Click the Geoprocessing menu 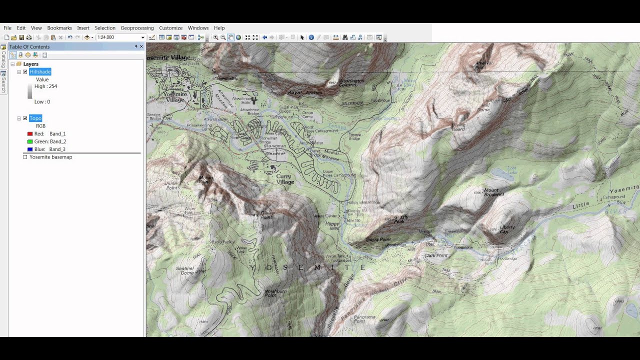point(137,28)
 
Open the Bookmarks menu point(59,28)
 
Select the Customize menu point(170,28)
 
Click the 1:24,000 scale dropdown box point(120,37)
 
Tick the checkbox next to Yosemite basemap point(25,157)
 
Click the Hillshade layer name point(40,72)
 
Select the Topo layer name point(35,118)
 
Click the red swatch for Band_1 point(30,134)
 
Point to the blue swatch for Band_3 point(30,149)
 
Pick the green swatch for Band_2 point(30,141)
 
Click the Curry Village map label point(285,179)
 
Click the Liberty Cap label point(507,229)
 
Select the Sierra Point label point(378,239)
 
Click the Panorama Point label point(366,319)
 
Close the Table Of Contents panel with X point(141,46)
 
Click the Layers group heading point(30,64)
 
